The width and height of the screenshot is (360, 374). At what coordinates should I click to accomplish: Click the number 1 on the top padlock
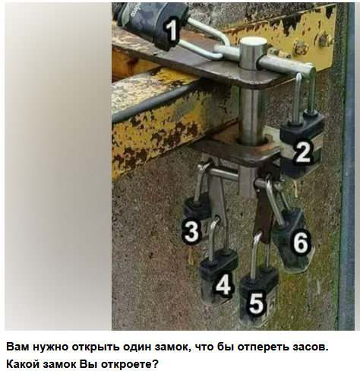[x=172, y=31]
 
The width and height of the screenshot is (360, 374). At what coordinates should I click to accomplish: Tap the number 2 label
[x=304, y=152]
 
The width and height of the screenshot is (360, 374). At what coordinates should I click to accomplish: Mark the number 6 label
[x=301, y=244]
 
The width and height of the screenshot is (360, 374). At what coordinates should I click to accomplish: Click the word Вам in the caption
[x=20, y=347]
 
